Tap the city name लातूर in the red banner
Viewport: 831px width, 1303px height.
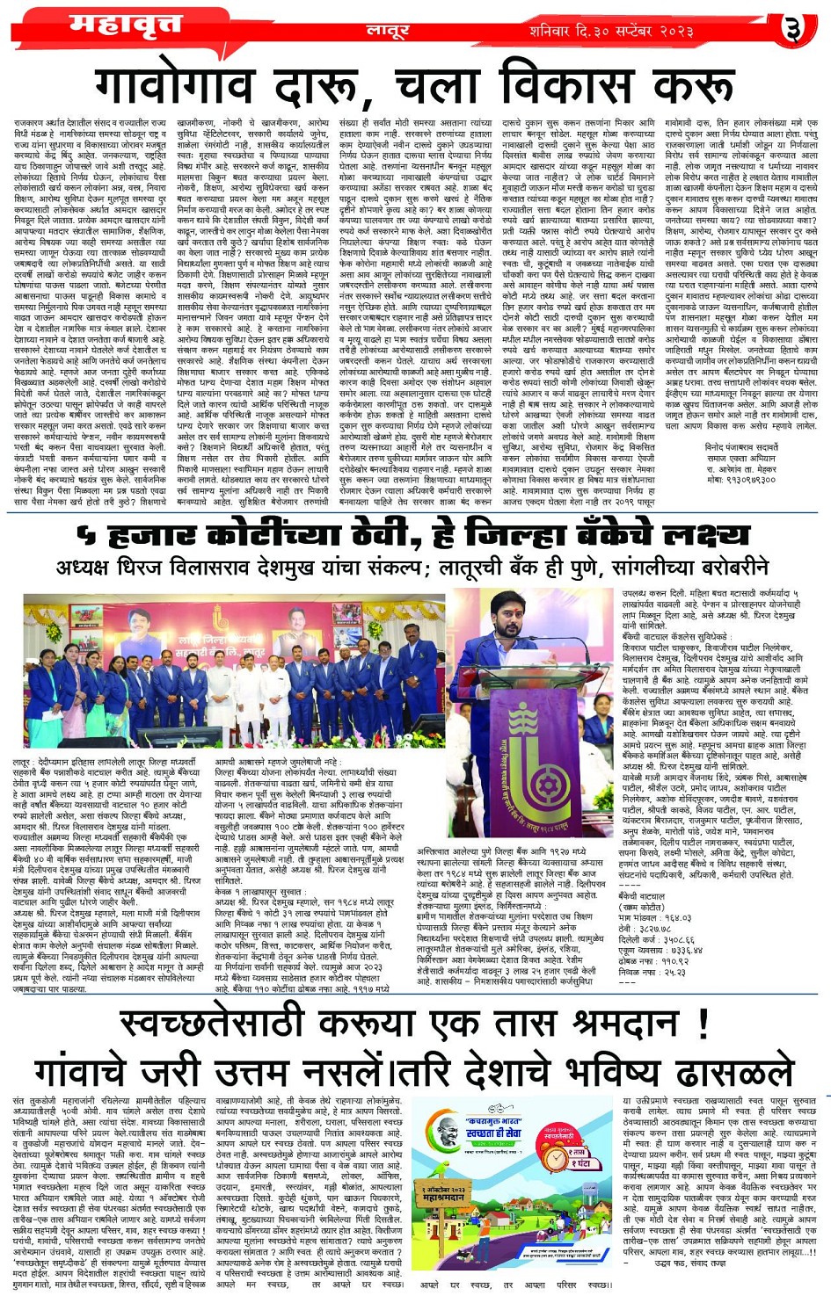(x=388, y=31)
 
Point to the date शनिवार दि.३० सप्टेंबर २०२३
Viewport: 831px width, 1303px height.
(x=612, y=31)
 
